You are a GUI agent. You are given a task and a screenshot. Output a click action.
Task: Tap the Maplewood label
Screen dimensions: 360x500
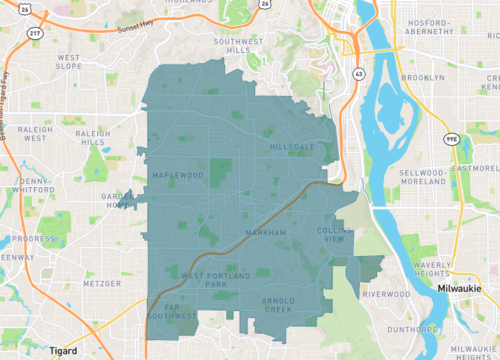pos(178,175)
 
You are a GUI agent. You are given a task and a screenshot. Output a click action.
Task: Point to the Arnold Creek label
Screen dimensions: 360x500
pos(280,305)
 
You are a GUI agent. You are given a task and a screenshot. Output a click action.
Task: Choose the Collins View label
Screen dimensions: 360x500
pos(335,236)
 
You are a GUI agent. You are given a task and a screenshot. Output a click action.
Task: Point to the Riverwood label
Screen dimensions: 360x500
pos(386,294)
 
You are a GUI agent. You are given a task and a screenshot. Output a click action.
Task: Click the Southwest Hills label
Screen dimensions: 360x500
pos(237,45)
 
